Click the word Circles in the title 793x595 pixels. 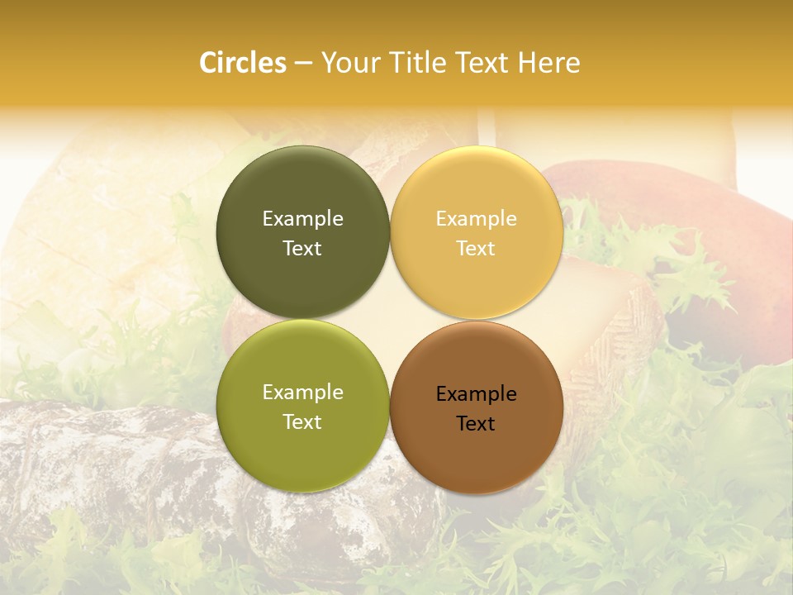[243, 63]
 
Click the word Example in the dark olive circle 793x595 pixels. [302, 219]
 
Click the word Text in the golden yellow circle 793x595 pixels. [476, 249]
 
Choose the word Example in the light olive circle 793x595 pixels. [302, 393]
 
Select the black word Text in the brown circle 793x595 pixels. [476, 424]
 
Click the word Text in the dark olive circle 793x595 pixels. [302, 249]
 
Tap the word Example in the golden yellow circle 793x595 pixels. [476, 219]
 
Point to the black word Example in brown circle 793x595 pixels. [476, 394]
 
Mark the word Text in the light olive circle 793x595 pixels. [302, 422]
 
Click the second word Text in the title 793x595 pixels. [483, 63]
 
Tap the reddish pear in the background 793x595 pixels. [702, 248]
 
